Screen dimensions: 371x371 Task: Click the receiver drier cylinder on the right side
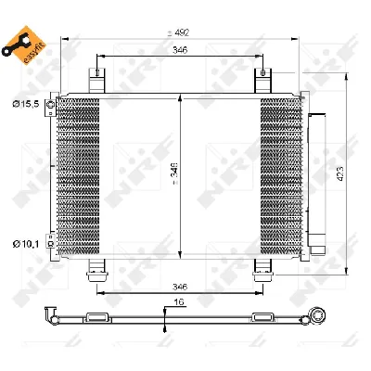[x=317, y=172]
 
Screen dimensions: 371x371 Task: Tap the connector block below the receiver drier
[x=319, y=247]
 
